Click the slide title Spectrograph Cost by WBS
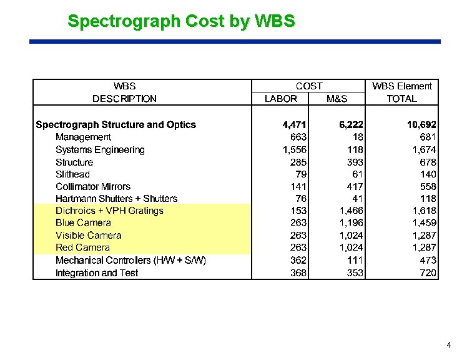pyautogui.click(x=181, y=21)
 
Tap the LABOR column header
pyautogui.click(x=281, y=99)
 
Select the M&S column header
pyautogui.click(x=337, y=99)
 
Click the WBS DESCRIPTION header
pyautogui.click(x=124, y=92)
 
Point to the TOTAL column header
pyautogui.click(x=401, y=99)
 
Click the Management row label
pyautogui.click(x=83, y=137)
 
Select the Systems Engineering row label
pyautogui.click(x=100, y=149)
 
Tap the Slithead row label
pyautogui.click(x=72, y=174)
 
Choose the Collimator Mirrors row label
pyautogui.click(x=93, y=186)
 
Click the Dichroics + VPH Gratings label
pyautogui.click(x=109, y=211)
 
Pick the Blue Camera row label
pyautogui.click(x=83, y=223)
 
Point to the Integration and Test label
pyautogui.click(x=97, y=272)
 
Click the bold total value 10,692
pyautogui.click(x=421, y=125)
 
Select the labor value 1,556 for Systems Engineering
pyautogui.click(x=294, y=150)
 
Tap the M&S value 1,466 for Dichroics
pyautogui.click(x=351, y=211)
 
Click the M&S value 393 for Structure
pyautogui.click(x=355, y=162)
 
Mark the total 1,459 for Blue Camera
pyautogui.click(x=424, y=223)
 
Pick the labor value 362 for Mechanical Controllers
pyautogui.click(x=298, y=260)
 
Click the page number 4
pyautogui.click(x=449, y=345)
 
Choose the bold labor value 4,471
pyautogui.click(x=294, y=125)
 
